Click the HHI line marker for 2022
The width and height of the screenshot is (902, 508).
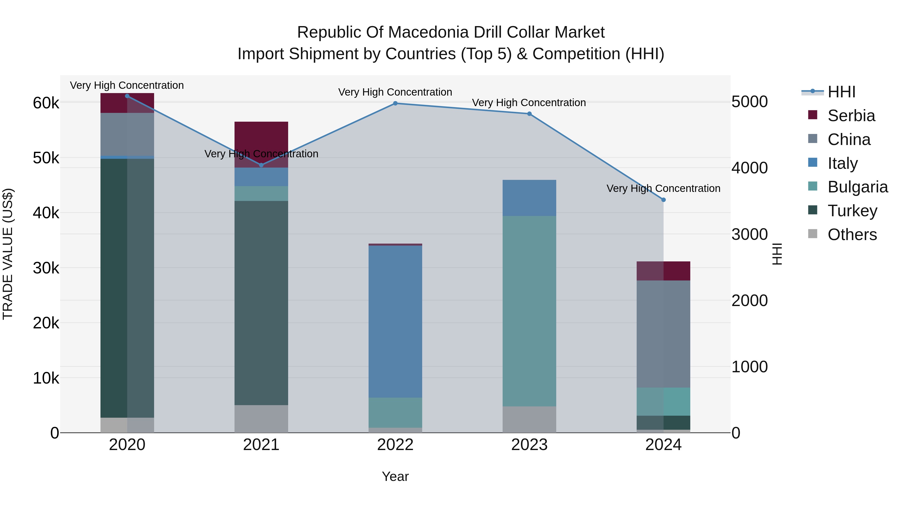[395, 103]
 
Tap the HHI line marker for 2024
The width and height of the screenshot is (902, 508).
[663, 200]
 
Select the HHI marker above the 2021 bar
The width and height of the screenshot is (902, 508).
[261, 165]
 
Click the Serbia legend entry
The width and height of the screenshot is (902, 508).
[851, 116]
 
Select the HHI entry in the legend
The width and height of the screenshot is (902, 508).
[841, 92]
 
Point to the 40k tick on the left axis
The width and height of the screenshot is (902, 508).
[46, 213]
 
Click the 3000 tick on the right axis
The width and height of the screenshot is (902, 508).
[749, 234]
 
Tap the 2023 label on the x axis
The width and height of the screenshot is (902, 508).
[529, 445]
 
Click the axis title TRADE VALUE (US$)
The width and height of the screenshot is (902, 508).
[8, 254]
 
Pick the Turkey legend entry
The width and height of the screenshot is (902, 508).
[852, 211]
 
